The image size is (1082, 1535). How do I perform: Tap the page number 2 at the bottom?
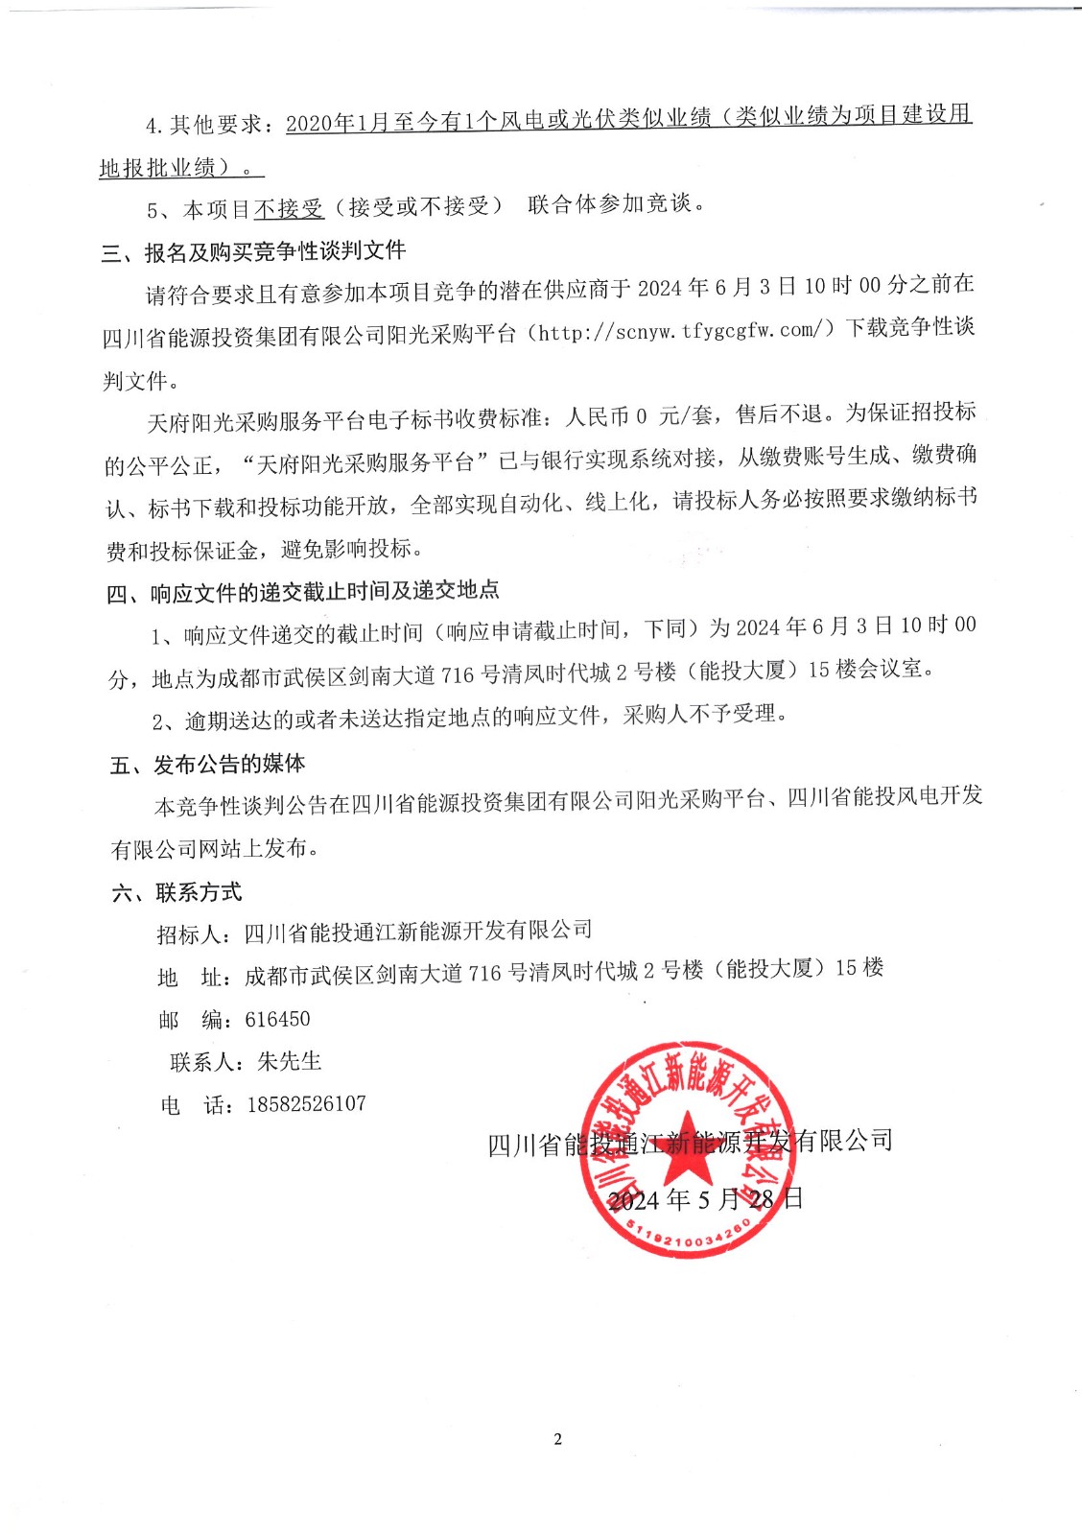click(x=557, y=1439)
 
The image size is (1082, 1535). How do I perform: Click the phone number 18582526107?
click(x=306, y=1104)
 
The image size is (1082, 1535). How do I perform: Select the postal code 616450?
click(x=277, y=1020)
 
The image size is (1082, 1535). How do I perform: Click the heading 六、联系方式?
click(x=176, y=893)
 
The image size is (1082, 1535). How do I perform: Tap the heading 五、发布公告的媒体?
click(x=207, y=765)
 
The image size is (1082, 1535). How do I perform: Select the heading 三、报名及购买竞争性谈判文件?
click(x=253, y=252)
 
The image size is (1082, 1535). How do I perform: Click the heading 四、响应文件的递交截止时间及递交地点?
click(x=303, y=593)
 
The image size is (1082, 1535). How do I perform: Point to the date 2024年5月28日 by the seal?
click(x=705, y=1199)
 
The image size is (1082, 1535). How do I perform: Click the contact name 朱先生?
click(x=290, y=1062)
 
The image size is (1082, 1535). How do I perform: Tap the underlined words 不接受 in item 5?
click(x=289, y=208)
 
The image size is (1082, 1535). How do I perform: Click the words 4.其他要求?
click(x=203, y=125)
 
